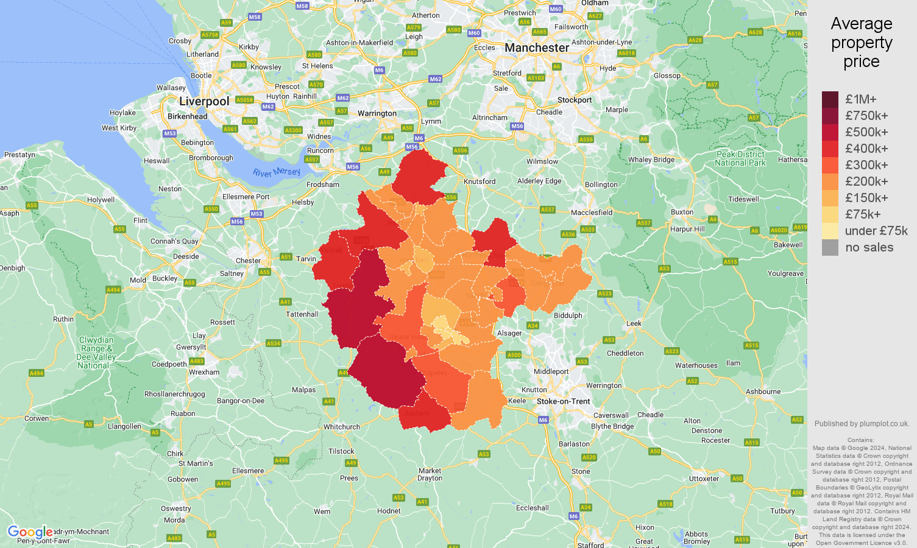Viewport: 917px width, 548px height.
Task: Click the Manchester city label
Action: (537, 47)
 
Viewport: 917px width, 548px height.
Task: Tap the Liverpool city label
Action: (204, 102)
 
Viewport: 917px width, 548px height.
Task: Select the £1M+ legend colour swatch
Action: (830, 99)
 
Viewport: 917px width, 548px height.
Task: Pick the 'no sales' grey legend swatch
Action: (830, 247)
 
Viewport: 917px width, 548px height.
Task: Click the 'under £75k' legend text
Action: (876, 231)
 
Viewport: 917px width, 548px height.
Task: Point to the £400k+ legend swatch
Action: (830, 149)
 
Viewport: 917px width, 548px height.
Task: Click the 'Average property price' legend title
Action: (861, 43)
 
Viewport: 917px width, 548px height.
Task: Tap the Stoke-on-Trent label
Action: (563, 401)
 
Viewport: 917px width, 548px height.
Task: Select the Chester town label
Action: (248, 261)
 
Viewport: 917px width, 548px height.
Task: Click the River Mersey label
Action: (277, 172)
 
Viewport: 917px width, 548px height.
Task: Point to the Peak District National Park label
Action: (740, 158)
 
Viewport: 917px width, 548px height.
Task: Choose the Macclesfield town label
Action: (591, 213)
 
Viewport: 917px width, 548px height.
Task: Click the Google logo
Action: (29, 533)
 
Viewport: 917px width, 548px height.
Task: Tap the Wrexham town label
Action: (204, 372)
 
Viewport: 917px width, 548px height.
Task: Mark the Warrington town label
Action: (377, 113)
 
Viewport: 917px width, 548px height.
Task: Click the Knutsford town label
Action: (480, 181)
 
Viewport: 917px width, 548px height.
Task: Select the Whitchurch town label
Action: (341, 427)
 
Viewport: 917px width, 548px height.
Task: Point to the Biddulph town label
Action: (568, 315)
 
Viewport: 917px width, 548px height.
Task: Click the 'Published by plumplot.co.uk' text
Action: (862, 424)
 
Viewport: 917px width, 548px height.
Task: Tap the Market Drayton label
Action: (430, 474)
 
